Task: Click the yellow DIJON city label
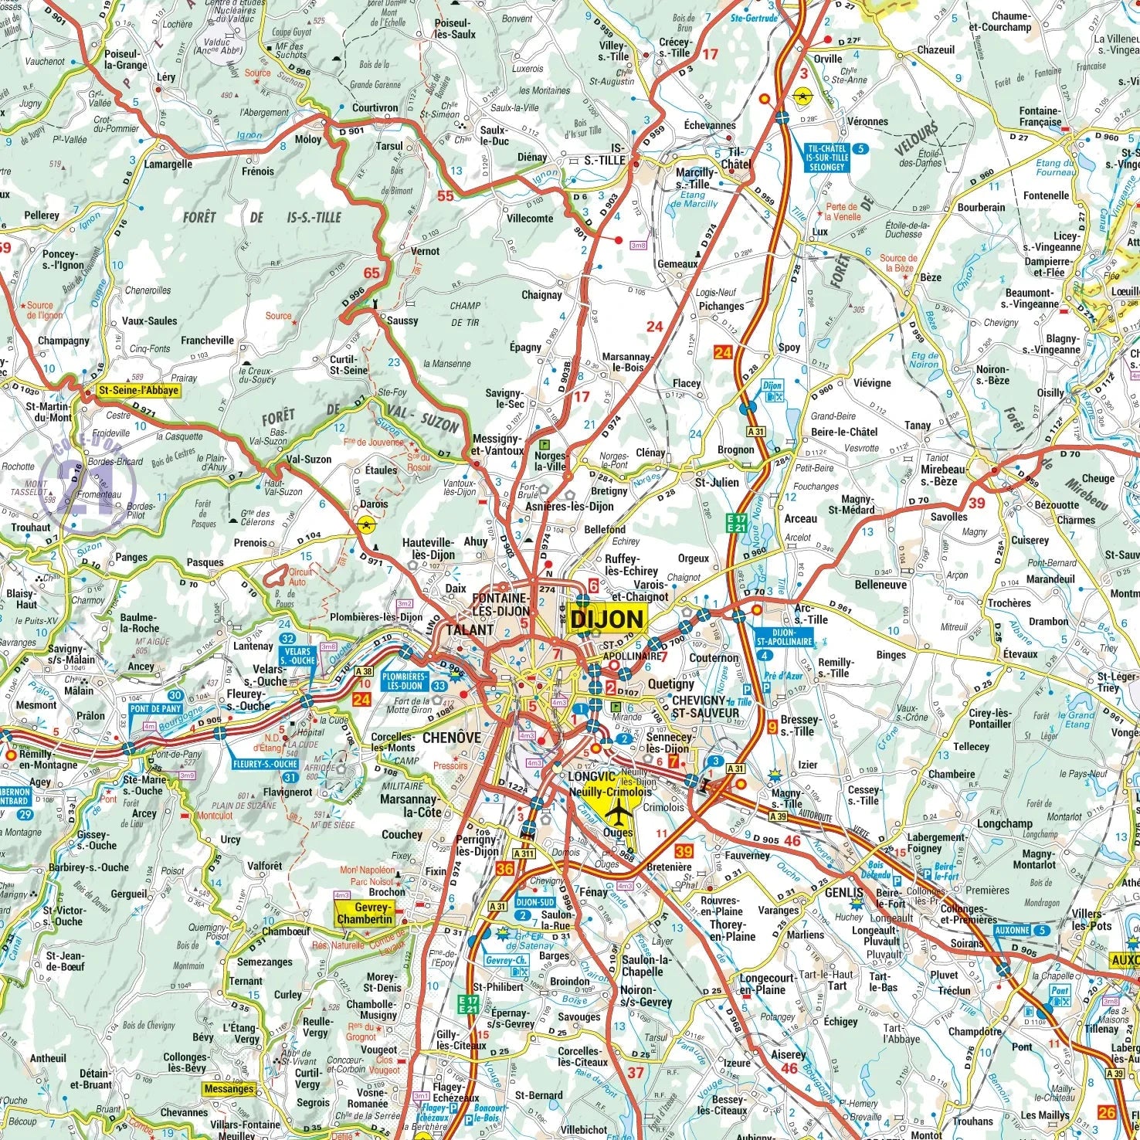608,618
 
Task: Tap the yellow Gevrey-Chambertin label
363,913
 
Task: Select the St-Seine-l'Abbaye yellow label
138,391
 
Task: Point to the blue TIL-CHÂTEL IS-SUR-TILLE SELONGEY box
827,157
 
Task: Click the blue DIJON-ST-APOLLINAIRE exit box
784,636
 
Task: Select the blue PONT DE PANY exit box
156,708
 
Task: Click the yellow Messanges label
229,1089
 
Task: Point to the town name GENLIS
844,892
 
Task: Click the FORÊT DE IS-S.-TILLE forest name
261,218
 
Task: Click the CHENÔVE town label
451,738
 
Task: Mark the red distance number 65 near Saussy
372,273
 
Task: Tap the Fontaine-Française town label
1040,117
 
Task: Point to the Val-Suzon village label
308,460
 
